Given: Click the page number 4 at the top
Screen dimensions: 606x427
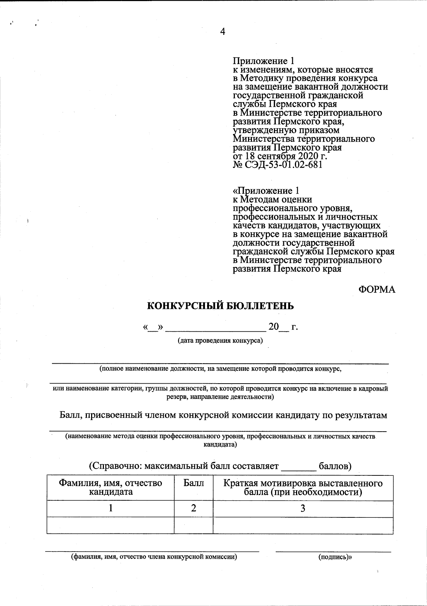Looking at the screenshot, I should (223, 32).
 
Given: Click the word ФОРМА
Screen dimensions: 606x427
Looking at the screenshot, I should (376, 289).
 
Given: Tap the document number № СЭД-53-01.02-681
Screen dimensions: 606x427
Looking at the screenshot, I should (278, 165).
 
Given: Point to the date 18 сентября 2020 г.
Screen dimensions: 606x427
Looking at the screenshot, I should (285, 156).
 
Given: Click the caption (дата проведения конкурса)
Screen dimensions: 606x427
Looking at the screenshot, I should (220, 341).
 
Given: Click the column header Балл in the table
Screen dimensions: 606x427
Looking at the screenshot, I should (194, 483).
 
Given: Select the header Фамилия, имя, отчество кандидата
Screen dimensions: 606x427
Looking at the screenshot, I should (110, 488).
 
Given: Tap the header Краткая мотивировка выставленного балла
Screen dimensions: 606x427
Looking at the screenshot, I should (303, 488).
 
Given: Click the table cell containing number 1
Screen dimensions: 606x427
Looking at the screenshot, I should (111, 508).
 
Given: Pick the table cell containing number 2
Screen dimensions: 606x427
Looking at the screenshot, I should (194, 508).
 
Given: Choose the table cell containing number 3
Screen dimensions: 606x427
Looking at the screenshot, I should (303, 508).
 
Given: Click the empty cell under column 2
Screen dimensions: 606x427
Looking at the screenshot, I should (194, 525).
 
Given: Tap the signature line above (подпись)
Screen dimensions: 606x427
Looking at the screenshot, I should (333, 551).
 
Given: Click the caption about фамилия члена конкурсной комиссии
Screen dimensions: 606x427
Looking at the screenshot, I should (154, 557).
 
